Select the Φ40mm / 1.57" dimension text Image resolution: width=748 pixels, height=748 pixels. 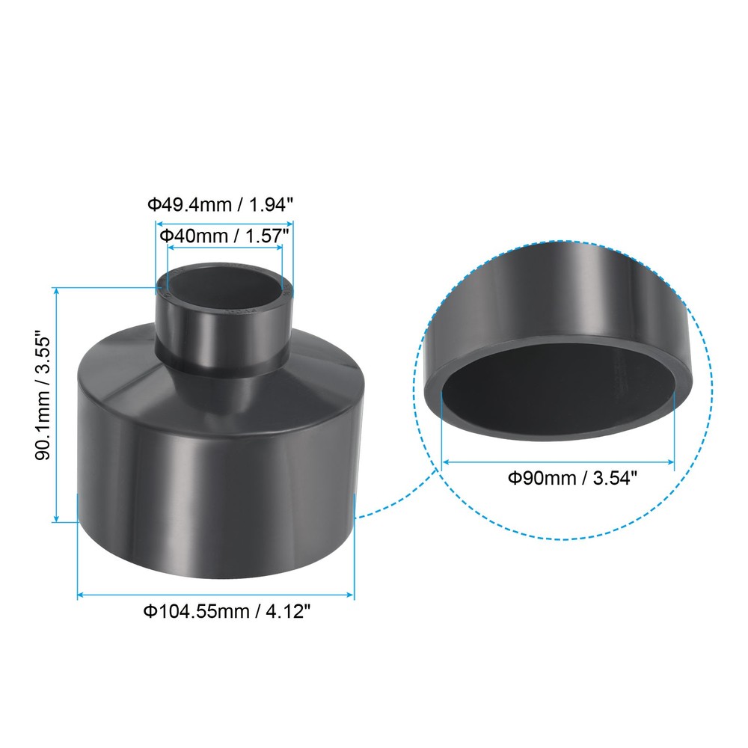click(224, 236)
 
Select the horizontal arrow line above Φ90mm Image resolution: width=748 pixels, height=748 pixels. click(558, 462)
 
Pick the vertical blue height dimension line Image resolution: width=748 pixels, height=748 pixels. click(56, 404)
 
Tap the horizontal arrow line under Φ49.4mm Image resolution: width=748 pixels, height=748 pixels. click(224, 223)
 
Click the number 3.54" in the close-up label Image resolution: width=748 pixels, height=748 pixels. click(615, 478)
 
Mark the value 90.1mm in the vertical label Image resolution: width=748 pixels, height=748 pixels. click(44, 441)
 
